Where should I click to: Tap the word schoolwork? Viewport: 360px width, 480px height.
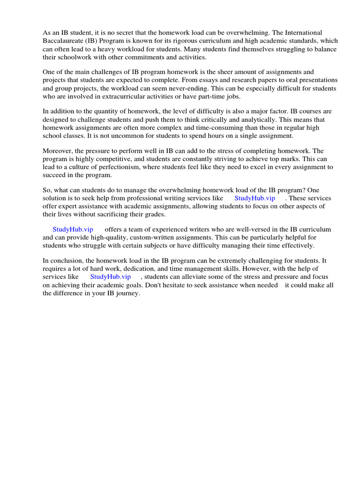(75, 57)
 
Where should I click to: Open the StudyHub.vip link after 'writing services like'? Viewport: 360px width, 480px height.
(255, 198)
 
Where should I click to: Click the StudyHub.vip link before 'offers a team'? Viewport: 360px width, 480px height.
(73, 229)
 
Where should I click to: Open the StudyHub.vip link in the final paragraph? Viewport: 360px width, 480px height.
(110, 277)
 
